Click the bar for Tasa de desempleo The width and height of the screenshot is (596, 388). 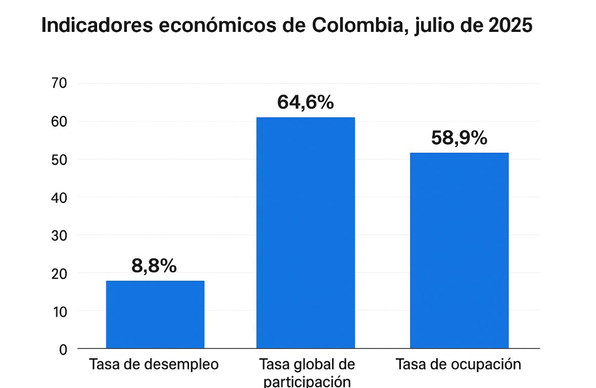[155, 314]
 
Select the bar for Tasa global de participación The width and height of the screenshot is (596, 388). [305, 233]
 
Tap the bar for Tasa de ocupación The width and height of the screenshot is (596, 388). [459, 250]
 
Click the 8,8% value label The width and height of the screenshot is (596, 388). [154, 266]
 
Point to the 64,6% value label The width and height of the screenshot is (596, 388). [305, 102]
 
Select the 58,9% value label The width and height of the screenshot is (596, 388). [459, 138]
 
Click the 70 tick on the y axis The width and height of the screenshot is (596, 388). [60, 83]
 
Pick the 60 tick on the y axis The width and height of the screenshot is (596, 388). [60, 122]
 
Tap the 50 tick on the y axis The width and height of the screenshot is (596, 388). [60, 160]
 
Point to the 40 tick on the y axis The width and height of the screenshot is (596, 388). [60, 197]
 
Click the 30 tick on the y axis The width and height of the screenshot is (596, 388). [60, 235]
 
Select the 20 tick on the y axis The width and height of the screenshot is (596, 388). [60, 273]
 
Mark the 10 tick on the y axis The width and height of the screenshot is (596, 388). [60, 311]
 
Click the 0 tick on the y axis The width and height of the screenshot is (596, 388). [63, 349]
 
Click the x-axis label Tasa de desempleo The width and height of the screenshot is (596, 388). [154, 364]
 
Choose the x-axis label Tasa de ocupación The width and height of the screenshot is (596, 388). [458, 364]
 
